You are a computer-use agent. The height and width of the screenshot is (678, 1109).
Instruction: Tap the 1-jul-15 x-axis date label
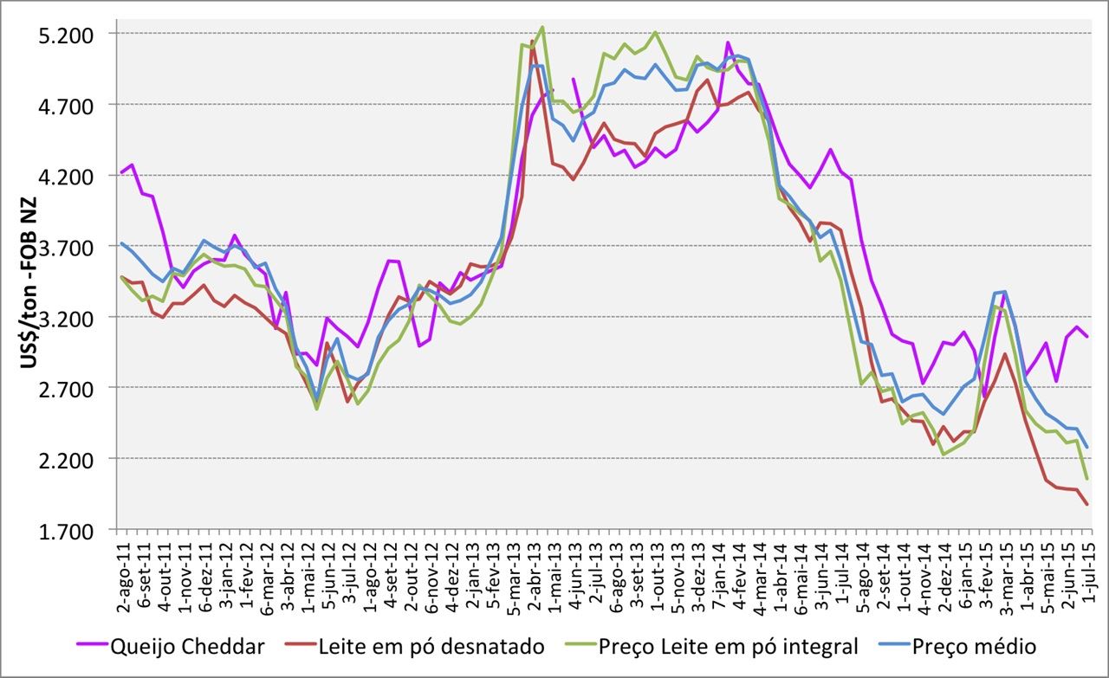click(x=1086, y=571)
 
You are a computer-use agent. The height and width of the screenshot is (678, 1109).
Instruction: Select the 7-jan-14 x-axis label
click(x=720, y=572)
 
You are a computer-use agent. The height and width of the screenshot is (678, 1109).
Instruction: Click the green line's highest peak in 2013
click(x=542, y=27)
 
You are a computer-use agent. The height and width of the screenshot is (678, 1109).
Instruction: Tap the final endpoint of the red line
click(x=1086, y=505)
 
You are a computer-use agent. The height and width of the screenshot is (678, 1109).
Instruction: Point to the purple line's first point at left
click(x=122, y=172)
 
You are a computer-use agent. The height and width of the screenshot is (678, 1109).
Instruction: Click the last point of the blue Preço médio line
click(x=1086, y=448)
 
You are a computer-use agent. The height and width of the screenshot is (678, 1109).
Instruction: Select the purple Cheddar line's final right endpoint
click(x=1086, y=336)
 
